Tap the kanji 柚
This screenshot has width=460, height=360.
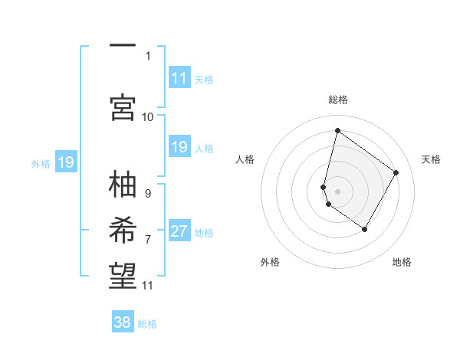123,186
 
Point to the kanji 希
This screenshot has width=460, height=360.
123,230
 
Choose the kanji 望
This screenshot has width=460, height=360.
123,273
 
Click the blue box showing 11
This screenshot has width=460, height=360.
179,78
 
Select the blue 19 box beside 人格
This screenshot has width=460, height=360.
179,147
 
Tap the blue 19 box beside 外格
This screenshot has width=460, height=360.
65,162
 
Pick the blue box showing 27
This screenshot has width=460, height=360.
179,231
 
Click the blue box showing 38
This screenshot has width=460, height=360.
123,322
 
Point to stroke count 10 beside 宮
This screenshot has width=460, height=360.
148,116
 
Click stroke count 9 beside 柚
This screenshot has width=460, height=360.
148,194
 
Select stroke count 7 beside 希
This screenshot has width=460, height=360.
148,239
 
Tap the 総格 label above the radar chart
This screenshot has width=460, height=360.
337,100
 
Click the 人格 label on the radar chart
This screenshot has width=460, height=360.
245,159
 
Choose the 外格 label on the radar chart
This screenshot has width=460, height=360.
270,262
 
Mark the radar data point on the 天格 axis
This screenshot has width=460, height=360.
396,172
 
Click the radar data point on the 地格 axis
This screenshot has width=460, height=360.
365,229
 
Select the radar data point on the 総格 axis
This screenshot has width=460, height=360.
337,131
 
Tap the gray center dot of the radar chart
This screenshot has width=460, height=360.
337,191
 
